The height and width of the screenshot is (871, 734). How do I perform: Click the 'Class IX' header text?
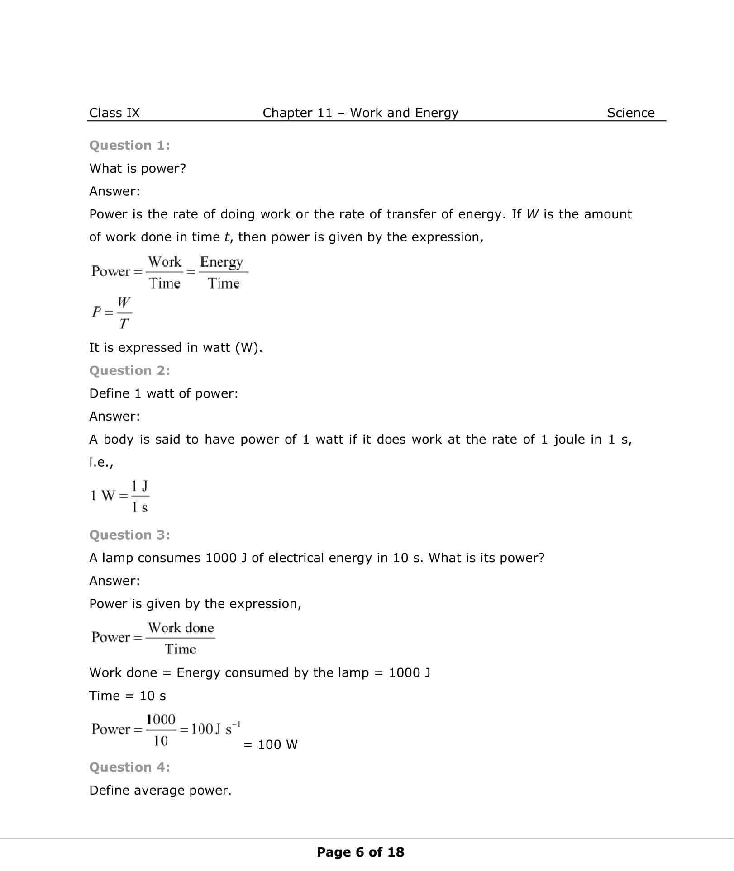[x=114, y=113]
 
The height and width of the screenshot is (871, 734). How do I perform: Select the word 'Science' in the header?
[x=630, y=113]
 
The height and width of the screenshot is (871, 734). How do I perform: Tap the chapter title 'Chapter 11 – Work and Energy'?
[x=360, y=113]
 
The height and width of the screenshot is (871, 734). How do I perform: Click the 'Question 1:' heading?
[x=129, y=145]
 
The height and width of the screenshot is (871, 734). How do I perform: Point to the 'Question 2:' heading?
[x=129, y=370]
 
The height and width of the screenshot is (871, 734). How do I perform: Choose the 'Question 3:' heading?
[x=129, y=535]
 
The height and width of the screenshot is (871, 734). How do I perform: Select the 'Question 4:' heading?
[x=129, y=767]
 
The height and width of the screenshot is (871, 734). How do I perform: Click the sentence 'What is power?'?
[x=138, y=168]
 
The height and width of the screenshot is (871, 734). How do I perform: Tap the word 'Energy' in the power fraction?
[x=222, y=262]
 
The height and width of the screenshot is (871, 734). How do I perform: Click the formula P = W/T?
[x=112, y=312]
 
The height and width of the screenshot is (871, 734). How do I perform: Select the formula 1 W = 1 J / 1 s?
[x=120, y=496]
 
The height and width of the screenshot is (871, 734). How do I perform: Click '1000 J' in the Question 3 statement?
[x=225, y=558]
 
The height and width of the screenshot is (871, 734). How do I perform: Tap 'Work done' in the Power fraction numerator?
[x=181, y=628]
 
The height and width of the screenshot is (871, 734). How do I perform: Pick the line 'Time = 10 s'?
[x=128, y=696]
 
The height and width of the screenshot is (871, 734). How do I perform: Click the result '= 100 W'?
[x=271, y=744]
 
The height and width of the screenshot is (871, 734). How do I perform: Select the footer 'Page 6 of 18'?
[x=360, y=852]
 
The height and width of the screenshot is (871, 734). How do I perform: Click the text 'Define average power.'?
[x=160, y=790]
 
